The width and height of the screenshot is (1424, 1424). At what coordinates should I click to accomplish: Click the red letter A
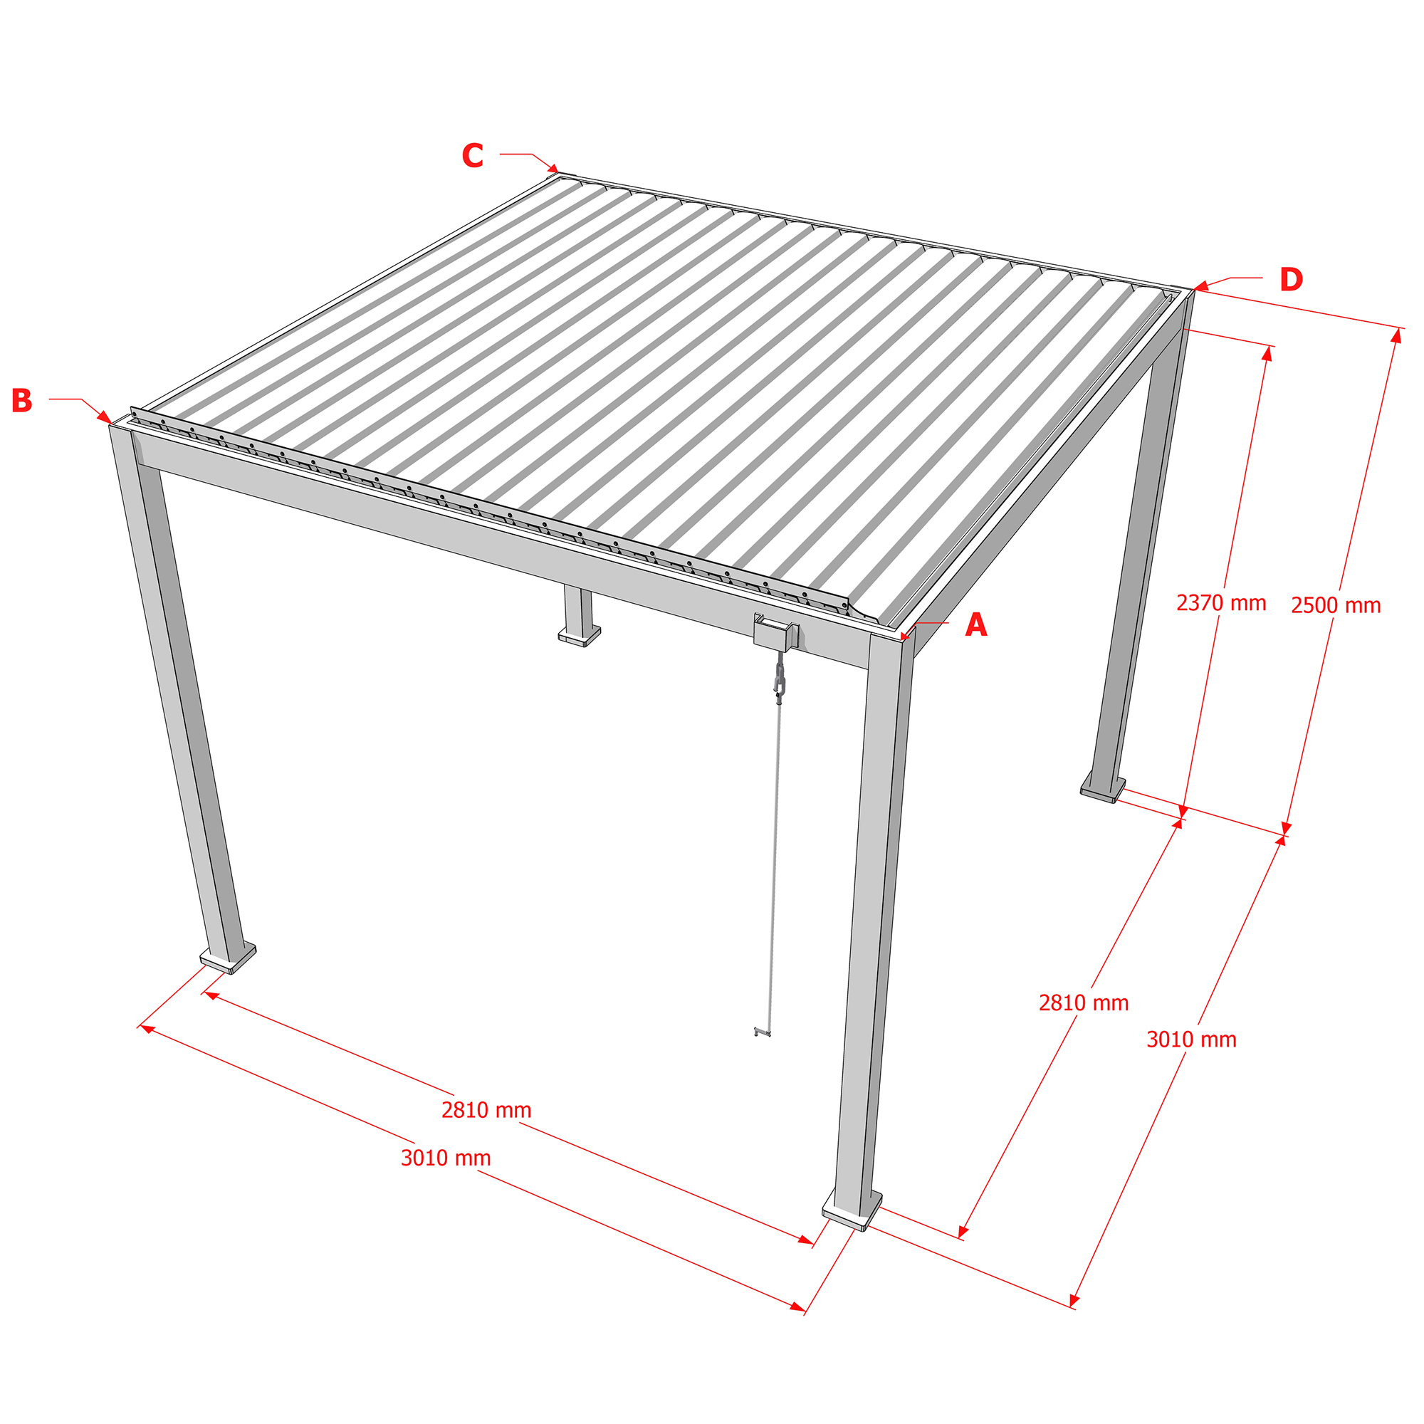976,625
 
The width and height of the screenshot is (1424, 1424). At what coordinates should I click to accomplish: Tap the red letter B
22,400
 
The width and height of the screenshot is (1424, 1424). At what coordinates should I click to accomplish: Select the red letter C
473,155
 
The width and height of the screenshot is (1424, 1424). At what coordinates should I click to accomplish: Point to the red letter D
1292,279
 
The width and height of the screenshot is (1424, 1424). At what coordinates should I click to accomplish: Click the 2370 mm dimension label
1221,603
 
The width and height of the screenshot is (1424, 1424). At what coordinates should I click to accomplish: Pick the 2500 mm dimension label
1336,605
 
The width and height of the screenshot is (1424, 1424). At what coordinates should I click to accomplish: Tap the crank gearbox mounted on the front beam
776,633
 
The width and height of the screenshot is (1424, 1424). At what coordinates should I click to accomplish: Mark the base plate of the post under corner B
229,957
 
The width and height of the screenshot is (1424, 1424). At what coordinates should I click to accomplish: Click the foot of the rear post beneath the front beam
580,635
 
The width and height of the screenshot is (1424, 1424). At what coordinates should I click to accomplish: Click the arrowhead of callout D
1200,286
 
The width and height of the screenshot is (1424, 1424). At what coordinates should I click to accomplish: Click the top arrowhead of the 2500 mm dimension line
1396,335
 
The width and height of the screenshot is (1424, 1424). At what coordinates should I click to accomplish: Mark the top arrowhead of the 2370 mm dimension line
1267,354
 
